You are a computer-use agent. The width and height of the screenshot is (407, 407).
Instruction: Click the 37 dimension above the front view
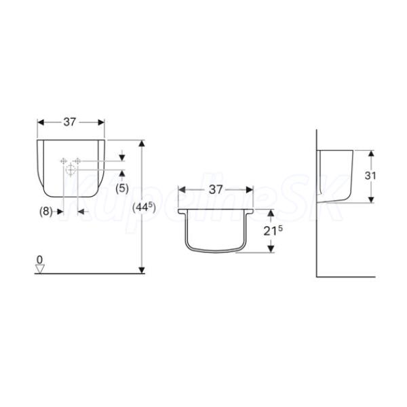click(x=70, y=122)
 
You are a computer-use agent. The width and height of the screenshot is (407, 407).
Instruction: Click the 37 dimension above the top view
click(x=216, y=189)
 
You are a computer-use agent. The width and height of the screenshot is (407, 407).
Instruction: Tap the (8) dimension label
click(x=45, y=212)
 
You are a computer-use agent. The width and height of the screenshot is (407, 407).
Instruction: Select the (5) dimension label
click(x=122, y=189)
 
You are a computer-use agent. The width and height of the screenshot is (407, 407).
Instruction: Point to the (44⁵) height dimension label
click(x=144, y=207)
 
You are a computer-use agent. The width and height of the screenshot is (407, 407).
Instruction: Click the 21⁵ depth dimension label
click(x=273, y=231)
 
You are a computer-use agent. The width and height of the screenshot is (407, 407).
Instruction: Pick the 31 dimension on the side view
click(x=370, y=176)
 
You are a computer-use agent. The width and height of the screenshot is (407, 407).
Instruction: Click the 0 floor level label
click(x=39, y=260)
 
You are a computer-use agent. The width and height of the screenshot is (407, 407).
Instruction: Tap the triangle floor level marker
click(x=40, y=269)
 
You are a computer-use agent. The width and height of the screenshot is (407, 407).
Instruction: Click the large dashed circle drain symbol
click(x=71, y=170)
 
